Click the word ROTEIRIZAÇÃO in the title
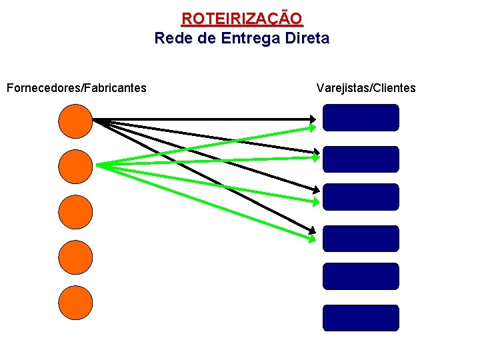click(x=241, y=18)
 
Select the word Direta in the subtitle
click(x=306, y=38)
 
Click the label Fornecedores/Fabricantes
click(x=76, y=88)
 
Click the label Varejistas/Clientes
click(x=366, y=88)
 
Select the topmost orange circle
click(x=75, y=121)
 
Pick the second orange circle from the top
click(x=75, y=166)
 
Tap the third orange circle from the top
click(x=75, y=211)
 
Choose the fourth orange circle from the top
click(x=75, y=257)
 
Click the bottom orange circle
click(x=75, y=302)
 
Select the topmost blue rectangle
click(x=361, y=118)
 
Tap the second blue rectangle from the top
click(x=361, y=159)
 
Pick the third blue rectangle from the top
click(x=361, y=197)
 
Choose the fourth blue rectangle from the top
click(x=361, y=239)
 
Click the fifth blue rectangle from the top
click(x=361, y=276)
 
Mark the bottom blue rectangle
click(x=361, y=318)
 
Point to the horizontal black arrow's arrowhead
click(x=313, y=120)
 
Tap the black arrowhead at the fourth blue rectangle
click(x=313, y=231)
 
